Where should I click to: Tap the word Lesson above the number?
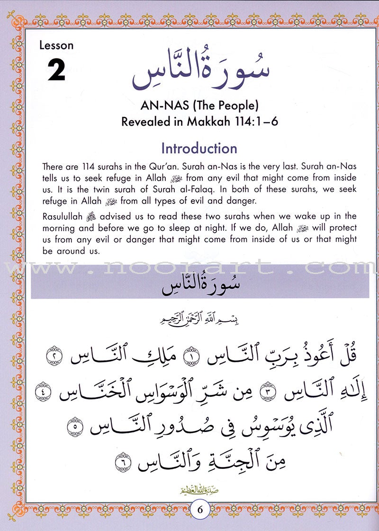[56, 46]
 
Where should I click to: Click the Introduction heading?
[199, 148]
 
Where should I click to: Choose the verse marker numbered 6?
[122, 459]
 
